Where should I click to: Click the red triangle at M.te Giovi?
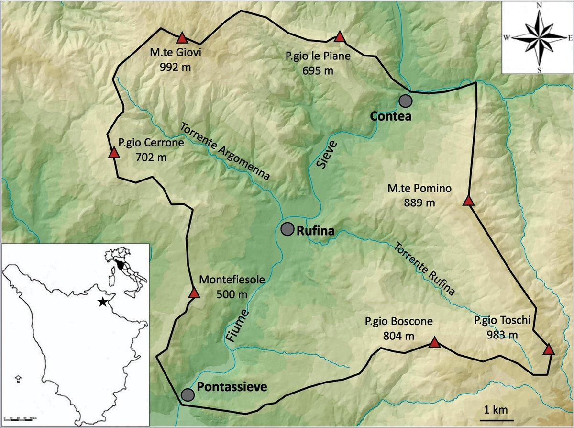pos(182,38)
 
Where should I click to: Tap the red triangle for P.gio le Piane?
pos(340,37)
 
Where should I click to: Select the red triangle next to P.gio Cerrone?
pos(114,153)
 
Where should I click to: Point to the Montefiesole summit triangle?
pos(194,293)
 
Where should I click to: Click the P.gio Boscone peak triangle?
pos(434,342)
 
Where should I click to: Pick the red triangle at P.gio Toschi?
pos(549,349)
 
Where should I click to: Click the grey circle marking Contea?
pos(406,101)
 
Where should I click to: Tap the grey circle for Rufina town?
pos(287,229)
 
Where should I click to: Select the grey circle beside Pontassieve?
pos(188,394)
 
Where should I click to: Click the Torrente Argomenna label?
pos(225,150)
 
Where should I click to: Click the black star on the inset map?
pos(102,302)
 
